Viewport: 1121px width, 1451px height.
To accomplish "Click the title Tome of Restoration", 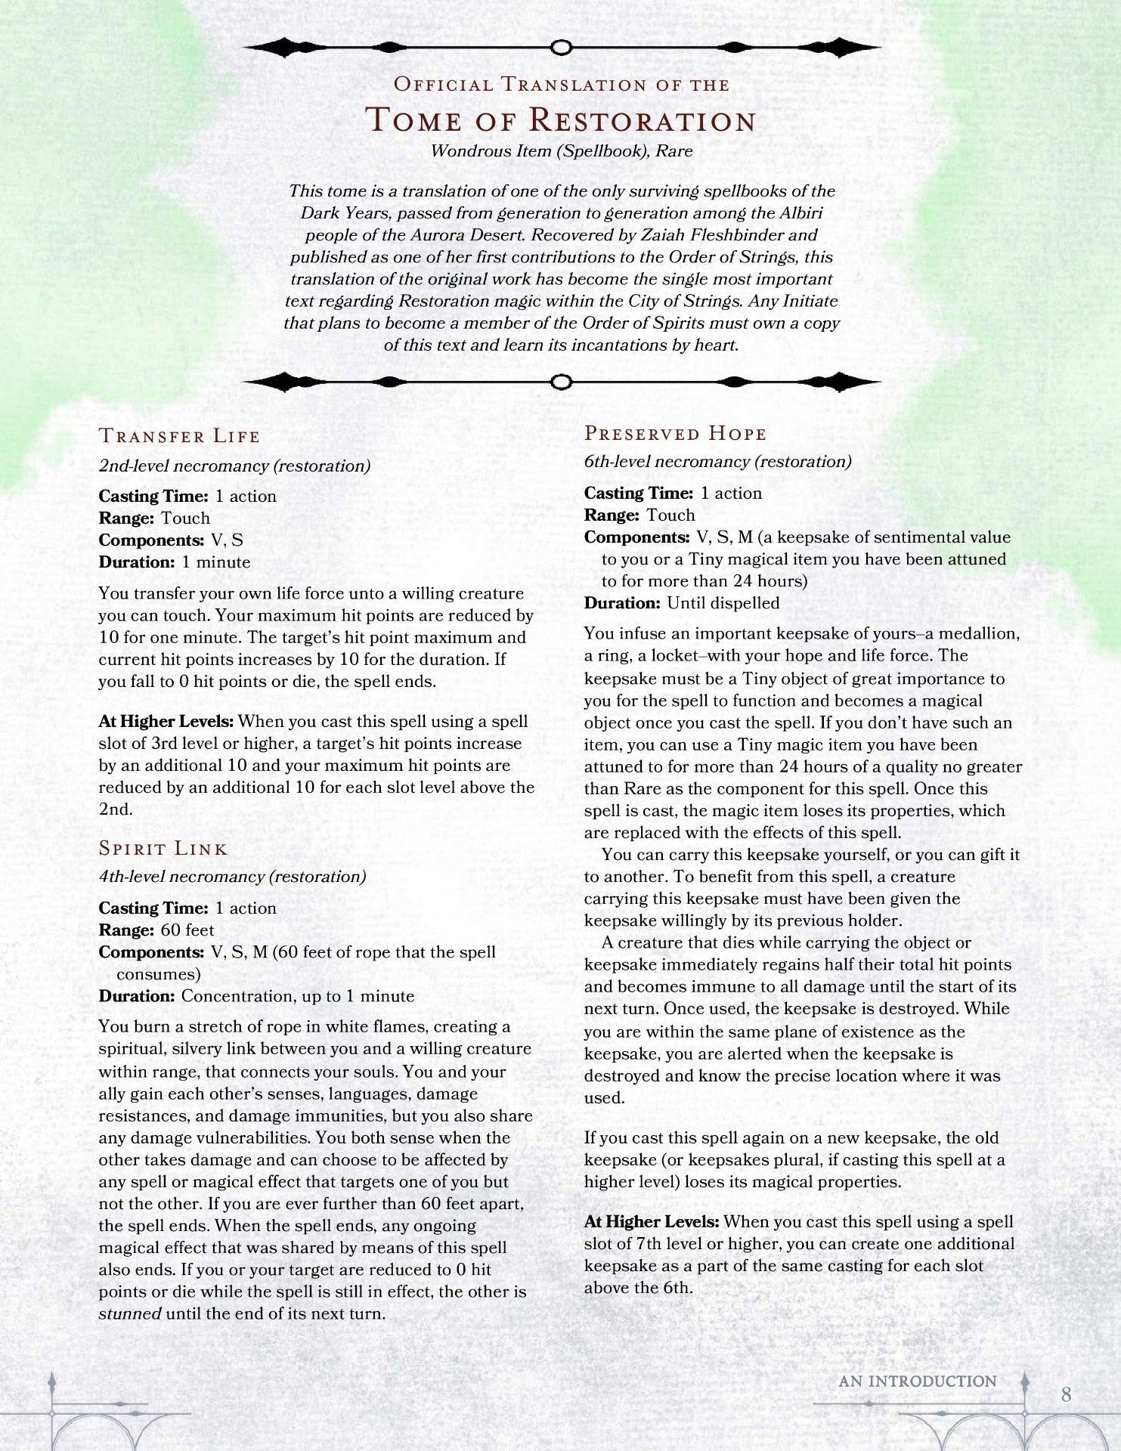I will pos(560,120).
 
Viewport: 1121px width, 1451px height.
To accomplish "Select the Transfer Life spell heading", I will pos(179,436).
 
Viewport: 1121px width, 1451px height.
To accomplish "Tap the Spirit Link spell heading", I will pos(163,848).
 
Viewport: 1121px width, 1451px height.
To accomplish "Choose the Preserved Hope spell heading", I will pos(675,433).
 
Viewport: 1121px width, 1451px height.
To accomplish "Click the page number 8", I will pos(1066,1394).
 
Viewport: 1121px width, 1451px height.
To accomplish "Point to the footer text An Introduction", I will pos(918,1381).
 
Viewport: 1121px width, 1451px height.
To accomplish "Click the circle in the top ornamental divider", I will pos(560,48).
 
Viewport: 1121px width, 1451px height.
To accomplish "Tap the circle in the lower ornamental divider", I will pos(560,382).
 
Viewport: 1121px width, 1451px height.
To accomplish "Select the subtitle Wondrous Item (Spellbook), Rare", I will pos(561,150).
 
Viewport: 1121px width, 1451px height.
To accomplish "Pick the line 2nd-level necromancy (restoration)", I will pos(234,466).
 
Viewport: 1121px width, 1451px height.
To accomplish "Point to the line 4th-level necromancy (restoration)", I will pos(232,877).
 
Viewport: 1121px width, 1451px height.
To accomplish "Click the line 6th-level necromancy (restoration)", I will pos(717,461).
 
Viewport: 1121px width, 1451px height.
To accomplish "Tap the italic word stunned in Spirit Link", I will pos(130,1313).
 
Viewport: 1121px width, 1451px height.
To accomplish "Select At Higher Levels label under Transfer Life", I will pos(166,722).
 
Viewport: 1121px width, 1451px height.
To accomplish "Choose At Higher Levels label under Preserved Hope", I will pos(651,1221).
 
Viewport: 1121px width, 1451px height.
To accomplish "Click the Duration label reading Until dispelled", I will pos(621,603).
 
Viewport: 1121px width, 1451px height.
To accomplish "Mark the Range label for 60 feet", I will pos(126,930).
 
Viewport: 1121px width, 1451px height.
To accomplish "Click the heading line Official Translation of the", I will pos(561,85).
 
